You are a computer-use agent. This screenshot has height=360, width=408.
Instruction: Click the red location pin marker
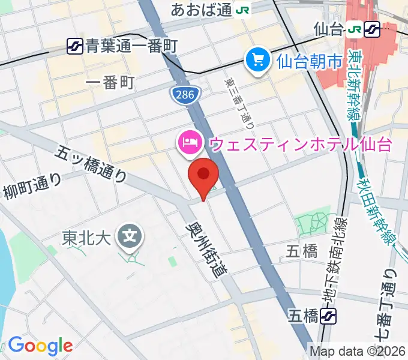203,176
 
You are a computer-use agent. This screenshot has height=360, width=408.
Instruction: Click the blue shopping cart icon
258,60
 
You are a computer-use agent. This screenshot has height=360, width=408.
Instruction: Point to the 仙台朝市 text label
309,60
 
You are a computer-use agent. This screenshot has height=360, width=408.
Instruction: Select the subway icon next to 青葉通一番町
75,44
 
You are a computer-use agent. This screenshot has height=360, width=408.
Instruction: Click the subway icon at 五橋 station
328,315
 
